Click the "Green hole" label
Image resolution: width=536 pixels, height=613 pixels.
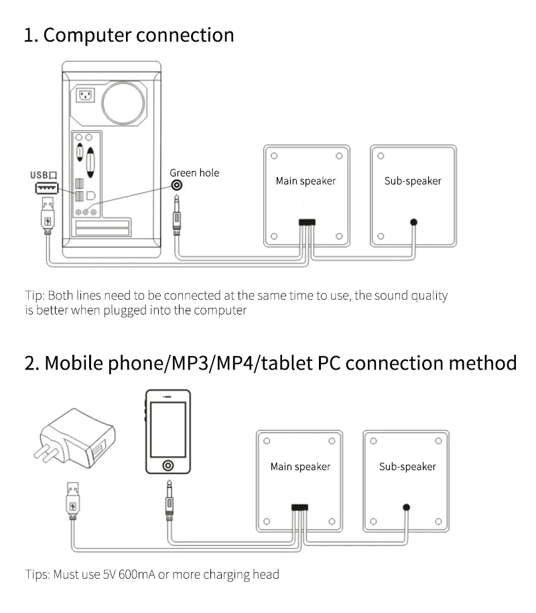point(194,173)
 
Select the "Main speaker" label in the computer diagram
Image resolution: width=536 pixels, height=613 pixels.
point(306,181)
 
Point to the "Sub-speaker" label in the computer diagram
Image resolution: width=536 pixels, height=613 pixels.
point(413,181)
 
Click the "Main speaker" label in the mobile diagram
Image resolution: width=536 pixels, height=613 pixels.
point(300,467)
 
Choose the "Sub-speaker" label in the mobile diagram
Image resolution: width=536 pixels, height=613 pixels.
point(407,467)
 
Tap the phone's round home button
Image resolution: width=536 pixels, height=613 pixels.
point(167,465)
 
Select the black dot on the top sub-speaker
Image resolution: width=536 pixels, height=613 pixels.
point(414,223)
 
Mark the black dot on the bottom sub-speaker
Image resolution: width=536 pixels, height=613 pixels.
point(406,507)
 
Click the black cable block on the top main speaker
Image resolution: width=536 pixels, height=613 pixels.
point(308,222)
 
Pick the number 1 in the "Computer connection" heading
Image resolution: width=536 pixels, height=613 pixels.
point(29,35)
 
